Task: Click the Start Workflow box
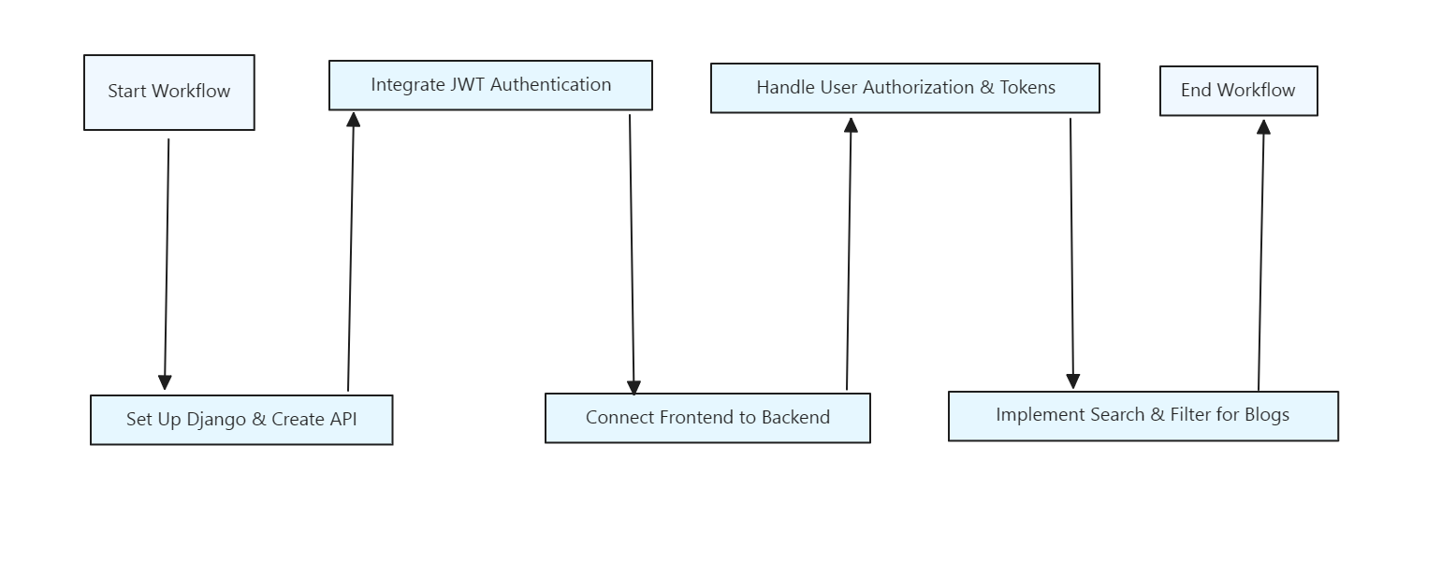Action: coord(168,92)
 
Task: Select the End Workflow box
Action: coord(1238,91)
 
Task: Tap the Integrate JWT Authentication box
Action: coord(490,85)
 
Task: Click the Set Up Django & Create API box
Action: coord(241,420)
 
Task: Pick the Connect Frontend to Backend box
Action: coord(707,418)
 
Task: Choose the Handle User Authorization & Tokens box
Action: coord(905,88)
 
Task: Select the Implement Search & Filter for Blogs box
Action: coord(1143,415)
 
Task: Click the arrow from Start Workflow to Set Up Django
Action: coord(167,262)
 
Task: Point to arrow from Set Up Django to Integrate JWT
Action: coord(351,252)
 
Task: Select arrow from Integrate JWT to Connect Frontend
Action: coord(632,252)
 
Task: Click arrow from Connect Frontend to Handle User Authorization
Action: coord(849,252)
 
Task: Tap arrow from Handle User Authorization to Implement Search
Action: coord(1071,252)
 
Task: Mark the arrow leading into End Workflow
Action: coord(1261,252)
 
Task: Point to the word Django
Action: coord(216,420)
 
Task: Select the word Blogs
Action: coord(1267,415)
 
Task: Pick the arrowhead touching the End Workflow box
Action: coord(1263,127)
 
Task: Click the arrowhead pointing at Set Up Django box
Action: coord(165,381)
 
